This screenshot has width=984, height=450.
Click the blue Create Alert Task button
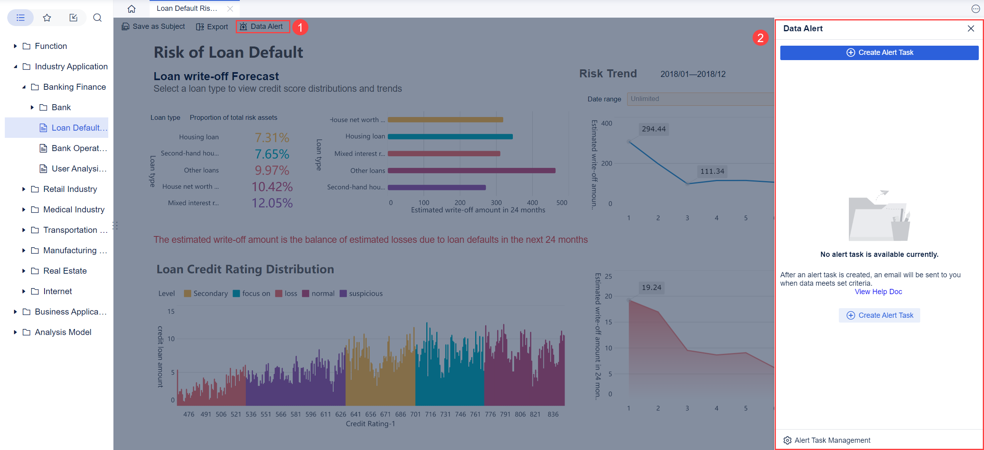[879, 52]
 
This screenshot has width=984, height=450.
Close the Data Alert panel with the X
[971, 28]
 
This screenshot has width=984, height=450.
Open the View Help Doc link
[878, 292]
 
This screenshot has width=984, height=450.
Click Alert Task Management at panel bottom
[832, 440]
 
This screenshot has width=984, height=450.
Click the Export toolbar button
[212, 27]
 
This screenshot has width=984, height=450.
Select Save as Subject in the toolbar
[154, 26]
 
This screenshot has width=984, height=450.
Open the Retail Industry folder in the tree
[70, 189]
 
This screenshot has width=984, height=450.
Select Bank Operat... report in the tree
[79, 148]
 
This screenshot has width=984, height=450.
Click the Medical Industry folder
[73, 210]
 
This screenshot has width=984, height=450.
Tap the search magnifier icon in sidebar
[97, 18]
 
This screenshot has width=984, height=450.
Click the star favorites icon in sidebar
[47, 18]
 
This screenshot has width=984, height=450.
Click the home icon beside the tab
[132, 9]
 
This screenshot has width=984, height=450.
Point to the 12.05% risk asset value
[272, 203]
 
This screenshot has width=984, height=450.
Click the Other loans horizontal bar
[471, 171]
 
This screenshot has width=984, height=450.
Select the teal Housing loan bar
[450, 137]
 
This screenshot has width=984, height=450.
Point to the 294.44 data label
[653, 129]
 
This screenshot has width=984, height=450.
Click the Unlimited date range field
[700, 99]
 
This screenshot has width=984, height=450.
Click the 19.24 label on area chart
[651, 288]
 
